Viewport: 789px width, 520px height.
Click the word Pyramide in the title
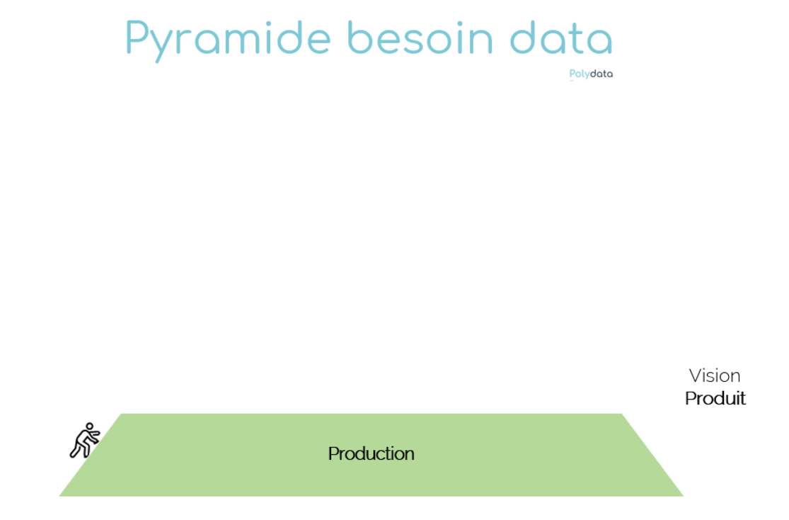pos(228,40)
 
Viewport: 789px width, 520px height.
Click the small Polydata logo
pos(591,74)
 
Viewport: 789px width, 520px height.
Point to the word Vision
pos(715,376)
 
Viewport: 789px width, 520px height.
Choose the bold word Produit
pos(715,399)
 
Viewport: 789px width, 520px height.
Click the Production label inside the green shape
pos(371,454)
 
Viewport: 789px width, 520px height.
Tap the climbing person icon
pos(84,441)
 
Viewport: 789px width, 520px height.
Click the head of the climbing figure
pos(90,426)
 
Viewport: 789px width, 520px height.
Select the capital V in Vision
pos(697,376)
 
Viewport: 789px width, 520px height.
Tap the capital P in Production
pos(333,453)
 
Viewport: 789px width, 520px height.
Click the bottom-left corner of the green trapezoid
pos(59,497)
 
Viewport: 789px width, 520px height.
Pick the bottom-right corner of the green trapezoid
pos(684,497)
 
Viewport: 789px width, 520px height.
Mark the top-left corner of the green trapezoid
pos(121,414)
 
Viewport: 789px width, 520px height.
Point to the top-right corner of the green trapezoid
pos(622,414)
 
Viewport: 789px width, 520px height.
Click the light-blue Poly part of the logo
pos(579,74)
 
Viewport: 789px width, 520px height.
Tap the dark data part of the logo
pos(601,74)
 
